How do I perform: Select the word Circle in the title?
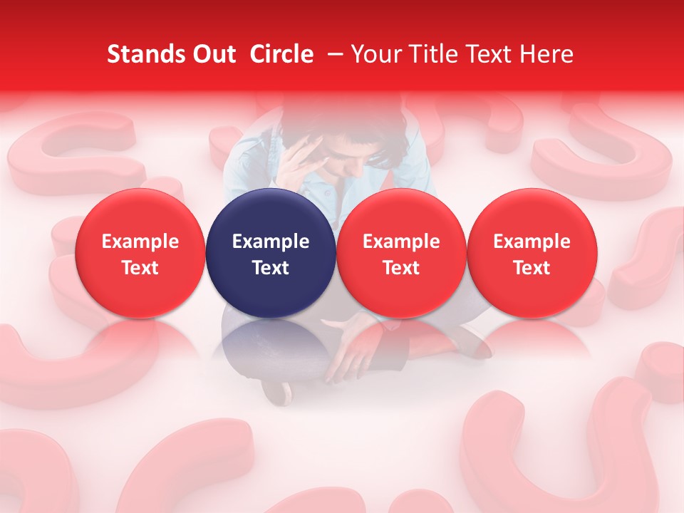[x=281, y=54]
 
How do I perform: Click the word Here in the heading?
[x=546, y=54]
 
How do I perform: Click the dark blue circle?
[x=271, y=253]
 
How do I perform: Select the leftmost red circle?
[x=140, y=253]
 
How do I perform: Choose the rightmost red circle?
[x=532, y=253]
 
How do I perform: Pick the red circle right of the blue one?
[x=401, y=253]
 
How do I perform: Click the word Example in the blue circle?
[x=271, y=242]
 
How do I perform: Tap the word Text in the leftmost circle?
[x=140, y=268]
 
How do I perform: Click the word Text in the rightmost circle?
[x=532, y=268]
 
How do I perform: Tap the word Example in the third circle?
[x=401, y=242]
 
